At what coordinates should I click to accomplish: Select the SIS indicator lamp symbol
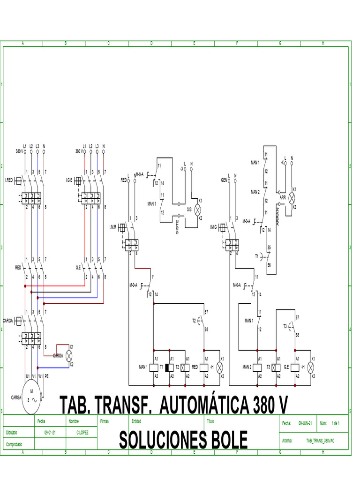[x=197, y=210]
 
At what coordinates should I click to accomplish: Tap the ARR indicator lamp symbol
[x=291, y=197]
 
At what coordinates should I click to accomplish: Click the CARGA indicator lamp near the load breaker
[x=69, y=356]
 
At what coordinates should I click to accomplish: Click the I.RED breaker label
[x=10, y=180]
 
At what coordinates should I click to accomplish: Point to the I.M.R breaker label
[x=112, y=227]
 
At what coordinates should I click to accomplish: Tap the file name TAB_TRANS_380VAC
[x=322, y=441]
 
